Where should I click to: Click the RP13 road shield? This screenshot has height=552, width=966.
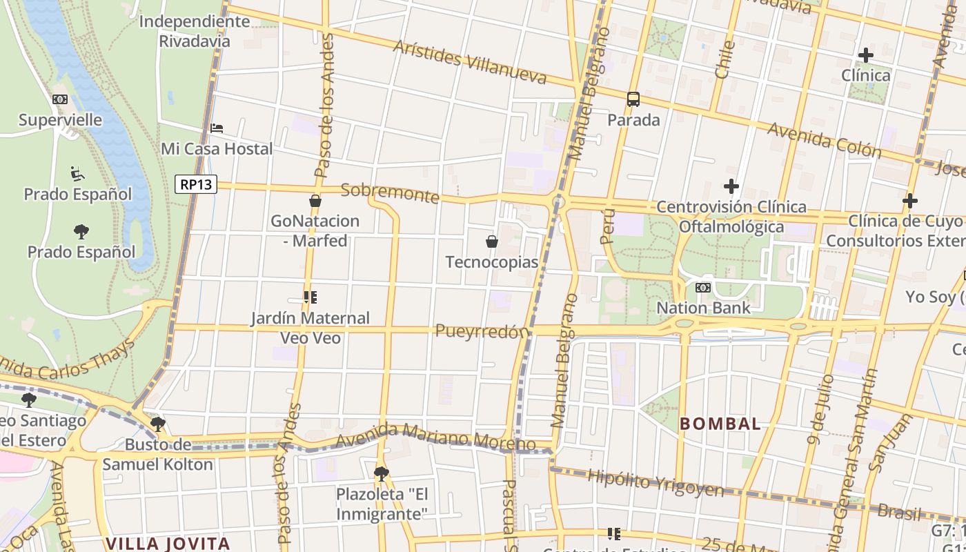196,184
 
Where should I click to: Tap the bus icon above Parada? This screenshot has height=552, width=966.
633,99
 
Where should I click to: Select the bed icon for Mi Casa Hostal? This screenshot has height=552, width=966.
217,128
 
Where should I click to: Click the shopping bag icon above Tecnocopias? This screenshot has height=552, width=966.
492,241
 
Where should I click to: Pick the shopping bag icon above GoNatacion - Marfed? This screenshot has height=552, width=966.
315,201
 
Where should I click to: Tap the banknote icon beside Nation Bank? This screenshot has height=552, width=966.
703,287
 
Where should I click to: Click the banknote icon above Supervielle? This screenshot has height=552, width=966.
60,99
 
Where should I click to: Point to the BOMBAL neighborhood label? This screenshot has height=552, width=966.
720,424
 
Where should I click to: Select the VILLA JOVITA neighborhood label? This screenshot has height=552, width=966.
168,543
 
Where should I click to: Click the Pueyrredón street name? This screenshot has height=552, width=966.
481,331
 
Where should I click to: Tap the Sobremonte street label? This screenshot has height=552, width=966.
390,193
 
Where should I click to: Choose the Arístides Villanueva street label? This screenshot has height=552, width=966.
470,62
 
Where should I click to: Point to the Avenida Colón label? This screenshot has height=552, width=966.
824,140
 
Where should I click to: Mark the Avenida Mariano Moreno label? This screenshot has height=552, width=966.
435,437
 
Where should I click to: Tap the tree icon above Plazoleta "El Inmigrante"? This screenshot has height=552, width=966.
381,473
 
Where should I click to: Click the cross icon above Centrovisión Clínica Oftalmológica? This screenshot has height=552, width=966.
731,186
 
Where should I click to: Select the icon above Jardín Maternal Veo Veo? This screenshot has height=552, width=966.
310,297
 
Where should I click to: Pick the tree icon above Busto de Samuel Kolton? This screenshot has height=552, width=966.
158,424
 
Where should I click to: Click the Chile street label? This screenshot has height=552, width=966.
724,59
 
